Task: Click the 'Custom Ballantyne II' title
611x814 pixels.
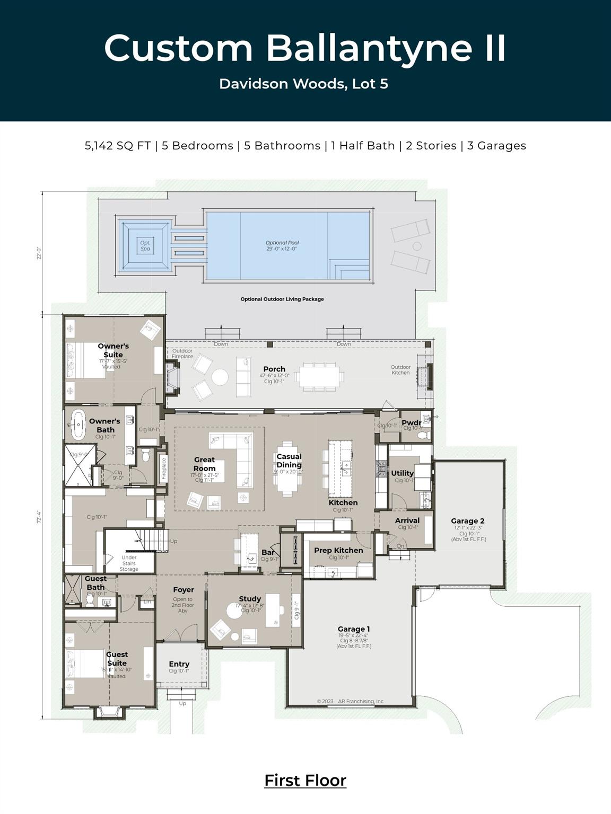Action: coord(305,48)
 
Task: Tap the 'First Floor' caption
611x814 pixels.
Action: coord(305,780)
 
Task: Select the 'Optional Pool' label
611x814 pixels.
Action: coord(282,243)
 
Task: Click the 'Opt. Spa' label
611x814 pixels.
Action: coord(145,246)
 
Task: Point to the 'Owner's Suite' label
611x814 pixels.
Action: coord(113,350)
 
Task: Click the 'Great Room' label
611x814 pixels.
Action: coord(204,464)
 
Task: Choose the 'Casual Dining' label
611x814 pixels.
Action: coord(289,461)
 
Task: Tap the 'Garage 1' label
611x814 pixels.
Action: coord(354,629)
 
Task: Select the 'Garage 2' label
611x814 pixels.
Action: coord(468,521)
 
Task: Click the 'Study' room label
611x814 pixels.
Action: coord(250,599)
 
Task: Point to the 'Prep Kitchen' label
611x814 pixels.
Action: coord(338,550)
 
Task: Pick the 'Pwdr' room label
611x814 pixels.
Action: coord(411,422)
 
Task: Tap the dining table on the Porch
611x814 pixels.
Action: coord(319,377)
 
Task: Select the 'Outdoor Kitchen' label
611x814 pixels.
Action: coord(400,369)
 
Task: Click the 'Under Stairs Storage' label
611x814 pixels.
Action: coord(129,563)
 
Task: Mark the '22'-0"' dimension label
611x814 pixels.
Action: coord(39,253)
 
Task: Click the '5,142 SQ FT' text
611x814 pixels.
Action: coord(118,146)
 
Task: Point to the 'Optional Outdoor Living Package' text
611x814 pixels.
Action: coord(282,299)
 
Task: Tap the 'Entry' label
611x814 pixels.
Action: coord(179,664)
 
